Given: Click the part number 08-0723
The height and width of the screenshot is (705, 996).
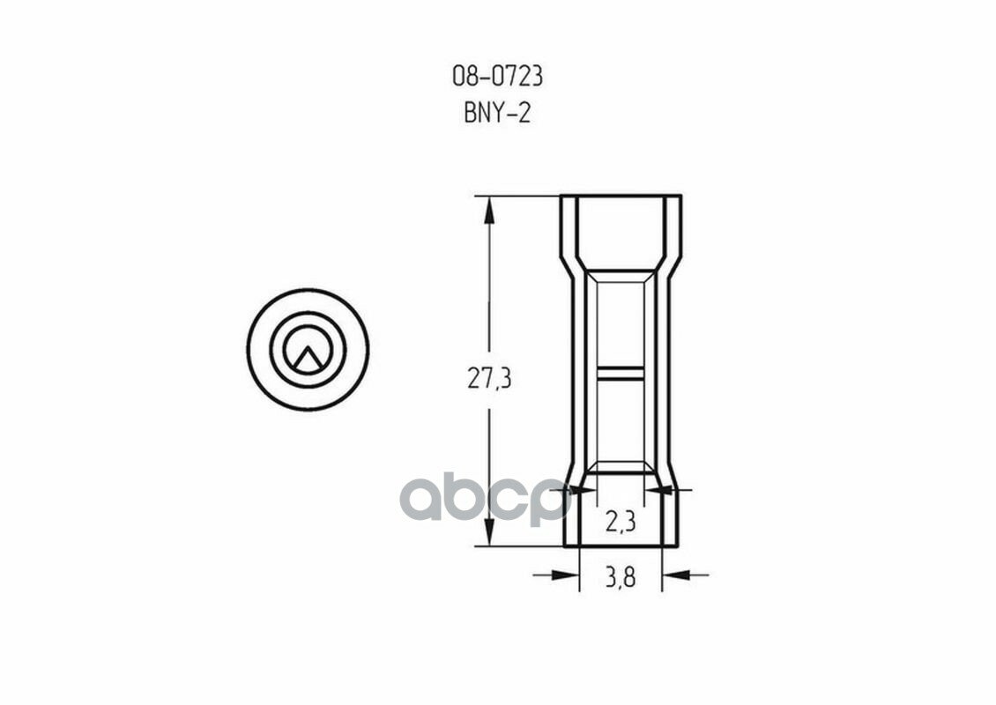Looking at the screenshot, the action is pyautogui.click(x=497, y=77).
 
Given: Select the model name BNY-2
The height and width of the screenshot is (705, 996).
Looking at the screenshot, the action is pyautogui.click(x=497, y=114).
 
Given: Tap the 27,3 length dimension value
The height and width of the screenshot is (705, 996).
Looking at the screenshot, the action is pyautogui.click(x=489, y=379).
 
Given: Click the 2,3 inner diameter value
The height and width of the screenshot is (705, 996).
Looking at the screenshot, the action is pyautogui.click(x=620, y=522).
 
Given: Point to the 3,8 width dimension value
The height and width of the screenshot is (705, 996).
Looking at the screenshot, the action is pyautogui.click(x=621, y=578).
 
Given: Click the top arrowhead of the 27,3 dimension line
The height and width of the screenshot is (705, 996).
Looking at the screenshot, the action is pyautogui.click(x=489, y=211).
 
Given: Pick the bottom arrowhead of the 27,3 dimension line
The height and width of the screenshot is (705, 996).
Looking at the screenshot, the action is pyautogui.click(x=489, y=531).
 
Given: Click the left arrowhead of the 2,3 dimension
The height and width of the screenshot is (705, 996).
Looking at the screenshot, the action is pyautogui.click(x=583, y=490).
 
